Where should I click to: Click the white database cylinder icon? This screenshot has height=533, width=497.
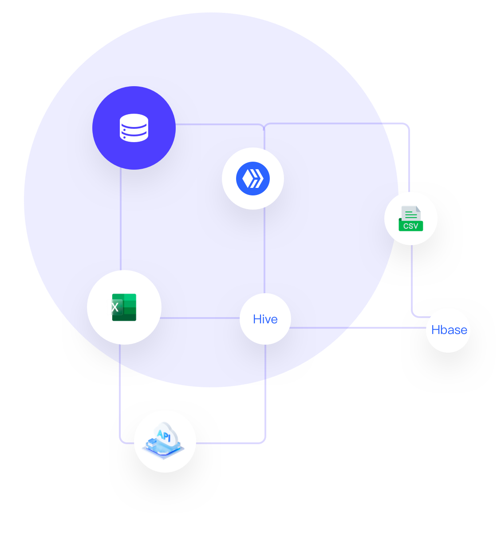(x=134, y=128)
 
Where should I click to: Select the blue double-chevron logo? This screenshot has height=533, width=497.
(x=253, y=179)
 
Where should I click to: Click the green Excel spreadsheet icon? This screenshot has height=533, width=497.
(x=124, y=307)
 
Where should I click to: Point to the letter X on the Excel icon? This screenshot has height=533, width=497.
(x=115, y=307)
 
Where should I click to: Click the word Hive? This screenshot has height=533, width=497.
(x=265, y=319)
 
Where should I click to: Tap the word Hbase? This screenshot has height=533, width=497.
(x=449, y=330)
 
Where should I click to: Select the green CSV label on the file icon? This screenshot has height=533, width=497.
(x=411, y=226)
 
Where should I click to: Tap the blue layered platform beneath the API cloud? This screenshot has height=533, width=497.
(x=163, y=449)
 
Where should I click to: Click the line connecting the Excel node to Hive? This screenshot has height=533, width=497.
(x=200, y=318)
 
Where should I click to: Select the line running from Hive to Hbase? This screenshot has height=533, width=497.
(x=355, y=328)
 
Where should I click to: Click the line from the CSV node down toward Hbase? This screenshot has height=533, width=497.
(x=412, y=280)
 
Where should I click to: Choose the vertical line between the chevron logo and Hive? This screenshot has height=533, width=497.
(x=264, y=251)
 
